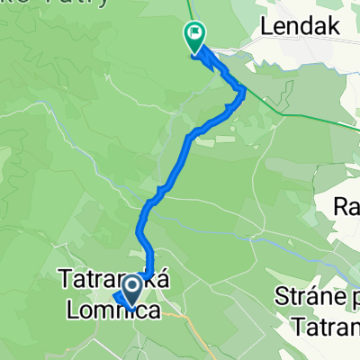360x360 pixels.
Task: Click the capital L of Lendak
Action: [266, 27]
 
